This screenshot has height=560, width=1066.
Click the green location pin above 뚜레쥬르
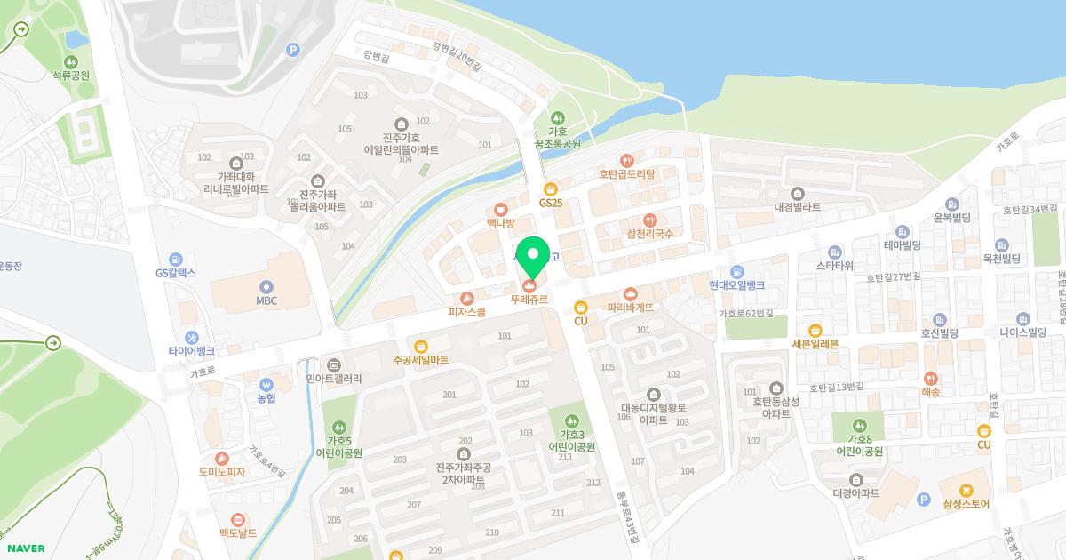click(x=533, y=254)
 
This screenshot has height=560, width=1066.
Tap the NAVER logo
click(x=25, y=548)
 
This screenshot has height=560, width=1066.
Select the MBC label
click(x=266, y=300)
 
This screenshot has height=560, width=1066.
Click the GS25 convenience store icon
click(x=551, y=188)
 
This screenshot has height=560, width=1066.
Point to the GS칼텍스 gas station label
click(x=175, y=273)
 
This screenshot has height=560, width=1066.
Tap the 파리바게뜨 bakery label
click(x=631, y=307)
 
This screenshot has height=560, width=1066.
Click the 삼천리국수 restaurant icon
click(x=649, y=220)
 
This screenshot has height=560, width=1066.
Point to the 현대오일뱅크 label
click(x=737, y=285)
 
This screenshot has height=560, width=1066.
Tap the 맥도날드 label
click(x=237, y=533)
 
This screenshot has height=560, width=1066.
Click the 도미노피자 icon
click(x=222, y=458)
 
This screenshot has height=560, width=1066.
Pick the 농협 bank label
click(x=266, y=397)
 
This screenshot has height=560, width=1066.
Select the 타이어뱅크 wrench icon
click(x=192, y=337)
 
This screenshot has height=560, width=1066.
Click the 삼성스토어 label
click(x=967, y=504)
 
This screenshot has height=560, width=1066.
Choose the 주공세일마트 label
click(x=420, y=360)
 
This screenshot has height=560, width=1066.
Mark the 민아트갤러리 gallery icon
click(x=333, y=364)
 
